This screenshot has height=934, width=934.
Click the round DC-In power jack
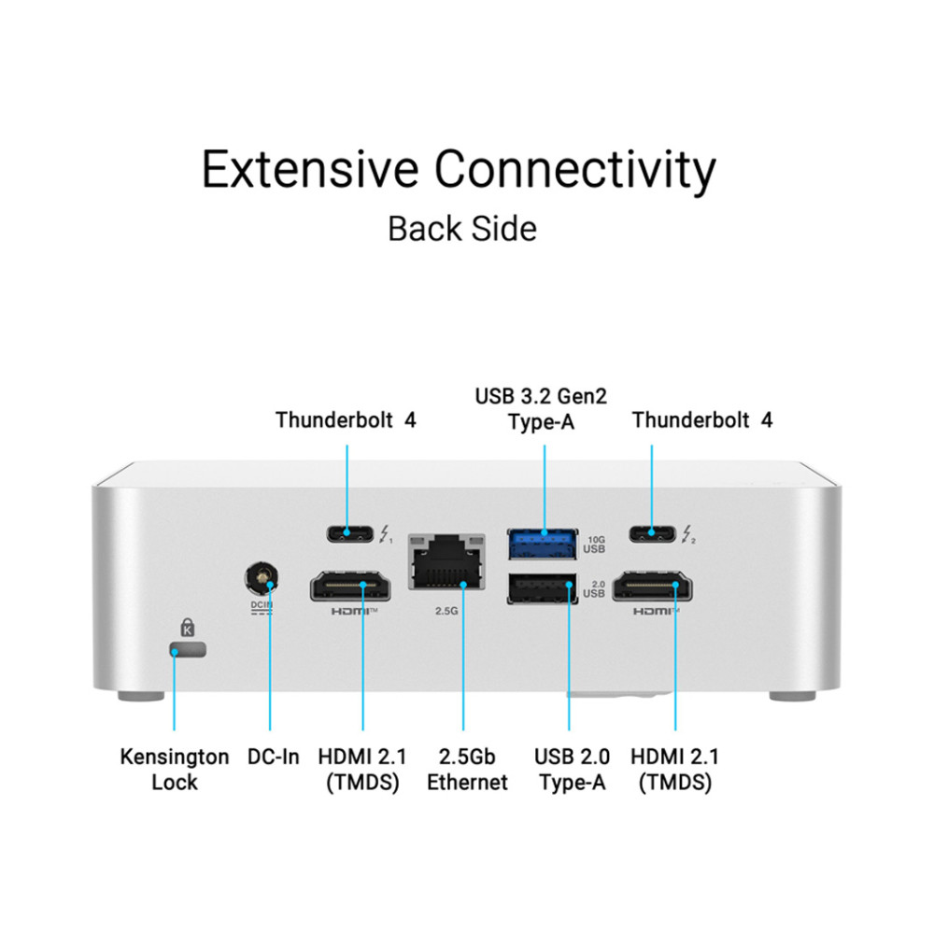click(262, 579)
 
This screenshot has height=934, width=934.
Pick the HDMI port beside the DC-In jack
click(351, 588)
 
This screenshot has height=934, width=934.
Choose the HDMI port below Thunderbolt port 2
click(654, 588)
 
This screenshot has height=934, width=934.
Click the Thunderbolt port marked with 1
click(349, 534)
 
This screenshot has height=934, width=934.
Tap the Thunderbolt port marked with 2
click(652, 534)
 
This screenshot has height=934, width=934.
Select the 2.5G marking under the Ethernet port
click(446, 612)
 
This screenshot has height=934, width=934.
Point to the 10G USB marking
click(595, 544)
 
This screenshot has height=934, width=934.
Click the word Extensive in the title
click(309, 170)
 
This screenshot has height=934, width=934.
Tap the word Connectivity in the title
click(575, 170)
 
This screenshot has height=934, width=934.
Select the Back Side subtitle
click(462, 229)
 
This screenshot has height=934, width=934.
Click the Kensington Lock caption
click(174, 769)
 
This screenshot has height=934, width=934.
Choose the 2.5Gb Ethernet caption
click(467, 769)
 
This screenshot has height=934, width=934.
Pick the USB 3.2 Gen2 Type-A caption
click(541, 408)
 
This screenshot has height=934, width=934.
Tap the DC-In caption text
click(274, 757)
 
